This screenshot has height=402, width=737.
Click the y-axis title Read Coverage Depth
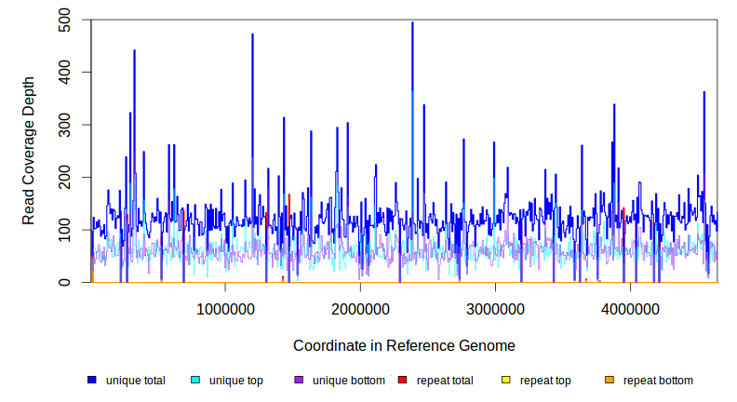point(29,151)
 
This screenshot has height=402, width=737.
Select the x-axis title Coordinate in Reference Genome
point(404,345)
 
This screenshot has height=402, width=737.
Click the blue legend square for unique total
point(92,381)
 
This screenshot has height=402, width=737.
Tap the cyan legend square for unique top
point(195,381)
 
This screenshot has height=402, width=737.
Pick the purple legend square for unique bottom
point(299,381)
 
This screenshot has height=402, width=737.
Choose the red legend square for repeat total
point(403,381)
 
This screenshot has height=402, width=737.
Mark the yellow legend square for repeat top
point(506,381)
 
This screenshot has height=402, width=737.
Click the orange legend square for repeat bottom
point(610,381)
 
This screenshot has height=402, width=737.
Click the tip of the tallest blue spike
point(412,22)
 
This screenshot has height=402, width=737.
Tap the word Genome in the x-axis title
point(488,345)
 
